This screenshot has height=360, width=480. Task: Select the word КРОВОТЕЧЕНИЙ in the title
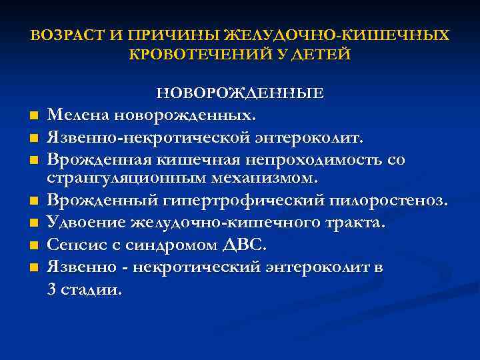pos(194,54)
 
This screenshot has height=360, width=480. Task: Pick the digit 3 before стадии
pos(52,289)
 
